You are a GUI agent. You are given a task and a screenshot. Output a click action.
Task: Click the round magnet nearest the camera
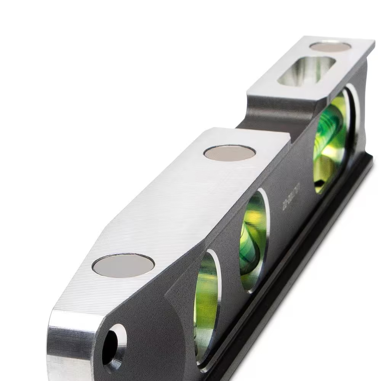(123, 265)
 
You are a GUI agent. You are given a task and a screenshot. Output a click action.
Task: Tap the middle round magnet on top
(229, 153)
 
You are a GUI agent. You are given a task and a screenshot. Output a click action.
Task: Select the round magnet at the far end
(330, 46)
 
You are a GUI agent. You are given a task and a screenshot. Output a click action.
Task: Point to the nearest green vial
(206, 305)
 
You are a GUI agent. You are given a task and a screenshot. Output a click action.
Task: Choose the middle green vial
(253, 240)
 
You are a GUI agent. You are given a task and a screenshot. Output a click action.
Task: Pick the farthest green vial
(330, 141)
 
